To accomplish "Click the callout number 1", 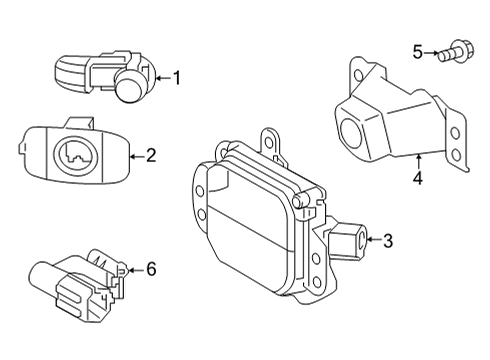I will tap(177, 76).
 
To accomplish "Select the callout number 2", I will tap(151, 155).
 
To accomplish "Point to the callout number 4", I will tap(419, 179).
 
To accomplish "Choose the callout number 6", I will tap(151, 269).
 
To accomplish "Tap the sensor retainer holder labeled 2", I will tap(70, 157).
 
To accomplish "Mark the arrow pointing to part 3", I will tap(374, 238).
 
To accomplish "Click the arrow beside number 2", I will tap(138, 155).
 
